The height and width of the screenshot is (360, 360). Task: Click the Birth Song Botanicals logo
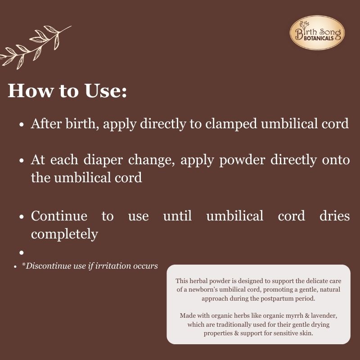pyautogui.click(x=317, y=32)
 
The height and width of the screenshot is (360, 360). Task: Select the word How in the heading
pyautogui.click(x=27, y=91)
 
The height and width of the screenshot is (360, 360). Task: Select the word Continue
pyautogui.click(x=59, y=216)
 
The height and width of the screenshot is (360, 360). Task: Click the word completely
pyautogui.click(x=64, y=234)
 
